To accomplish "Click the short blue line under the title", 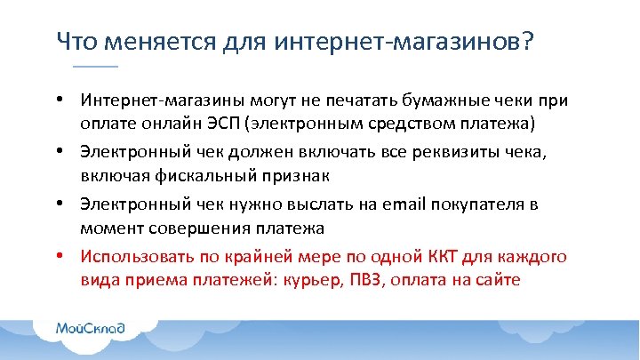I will click(95, 68).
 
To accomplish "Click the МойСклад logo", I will click(91, 328).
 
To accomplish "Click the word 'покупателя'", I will click(476, 204).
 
